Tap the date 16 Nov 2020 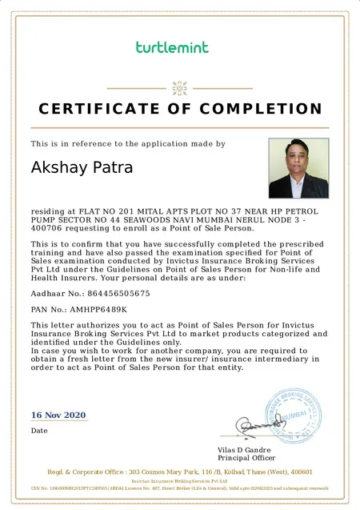[58, 415]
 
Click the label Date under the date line [39, 431]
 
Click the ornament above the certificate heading [180, 87]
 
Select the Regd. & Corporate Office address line [180, 472]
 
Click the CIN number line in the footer [180, 488]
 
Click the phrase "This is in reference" [68, 144]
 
